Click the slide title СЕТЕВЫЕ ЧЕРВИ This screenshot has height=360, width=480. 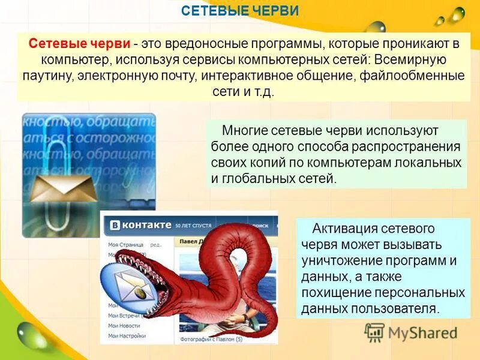239,11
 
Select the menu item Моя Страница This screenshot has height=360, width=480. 125,245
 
